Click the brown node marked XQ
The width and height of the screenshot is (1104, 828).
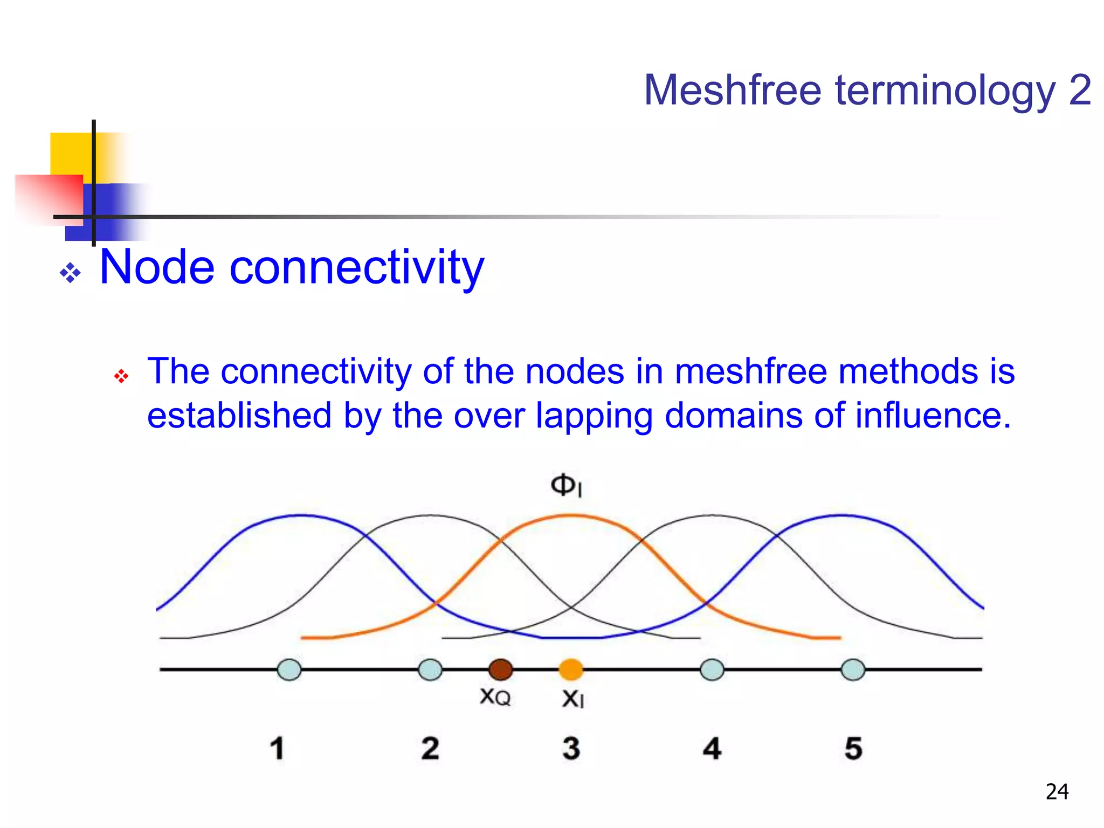tap(500, 670)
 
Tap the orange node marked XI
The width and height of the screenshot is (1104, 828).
tap(571, 670)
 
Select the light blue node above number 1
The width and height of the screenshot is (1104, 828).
tap(289, 670)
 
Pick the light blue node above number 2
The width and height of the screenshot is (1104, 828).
tap(430, 670)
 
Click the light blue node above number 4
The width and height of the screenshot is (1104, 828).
tap(712, 670)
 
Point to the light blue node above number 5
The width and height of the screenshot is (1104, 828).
tap(853, 670)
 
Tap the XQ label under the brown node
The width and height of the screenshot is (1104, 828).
tap(495, 697)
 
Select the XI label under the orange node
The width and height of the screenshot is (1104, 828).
tap(572, 699)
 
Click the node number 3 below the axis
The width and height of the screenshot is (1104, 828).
tap(571, 748)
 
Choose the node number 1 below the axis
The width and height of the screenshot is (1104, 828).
tap(277, 748)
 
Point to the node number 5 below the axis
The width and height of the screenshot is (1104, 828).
tap(853, 748)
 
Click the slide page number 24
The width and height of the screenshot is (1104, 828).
tap(1057, 792)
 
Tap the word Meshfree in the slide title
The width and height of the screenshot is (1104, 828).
tap(733, 90)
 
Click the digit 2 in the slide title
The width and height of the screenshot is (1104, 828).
tap(1080, 90)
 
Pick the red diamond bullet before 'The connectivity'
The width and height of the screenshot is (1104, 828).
tap(121, 376)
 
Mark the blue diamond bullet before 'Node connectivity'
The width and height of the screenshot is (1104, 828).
tap(71, 273)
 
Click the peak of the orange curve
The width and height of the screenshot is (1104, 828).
tap(571, 516)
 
